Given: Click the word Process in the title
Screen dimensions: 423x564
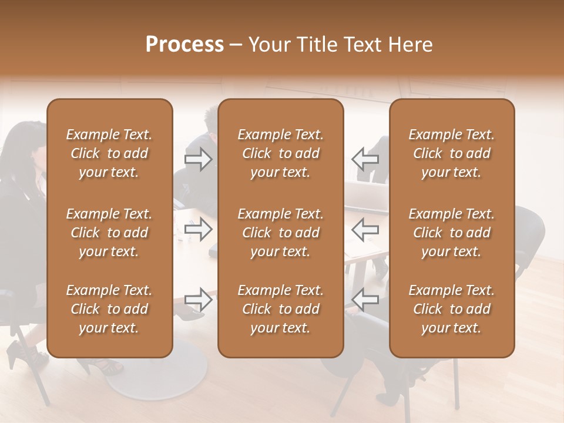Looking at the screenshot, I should pos(184,45).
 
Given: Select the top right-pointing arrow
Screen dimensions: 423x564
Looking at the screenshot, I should pos(199,159).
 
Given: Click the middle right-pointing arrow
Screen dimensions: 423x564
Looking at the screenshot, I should pos(199,229).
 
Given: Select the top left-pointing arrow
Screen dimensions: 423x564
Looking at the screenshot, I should pos(365,159).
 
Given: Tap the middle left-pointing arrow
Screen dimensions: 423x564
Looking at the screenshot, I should pos(365,229).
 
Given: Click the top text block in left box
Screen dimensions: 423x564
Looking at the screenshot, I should pos(109,153).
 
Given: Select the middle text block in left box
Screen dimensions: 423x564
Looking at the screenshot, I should pos(109,233).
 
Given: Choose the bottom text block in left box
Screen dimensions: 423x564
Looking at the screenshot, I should pos(109,309).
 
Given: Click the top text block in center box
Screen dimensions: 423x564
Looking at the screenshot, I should pos(281,153).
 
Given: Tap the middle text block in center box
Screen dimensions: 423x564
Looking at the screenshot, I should pos(281,233).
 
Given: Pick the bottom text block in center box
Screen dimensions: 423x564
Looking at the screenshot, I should pos(281,309).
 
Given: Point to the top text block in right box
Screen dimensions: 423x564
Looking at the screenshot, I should pos(452,153).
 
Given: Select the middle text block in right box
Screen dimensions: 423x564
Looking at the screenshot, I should pos(452,233).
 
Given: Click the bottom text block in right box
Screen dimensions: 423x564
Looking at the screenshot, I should pos(452,309).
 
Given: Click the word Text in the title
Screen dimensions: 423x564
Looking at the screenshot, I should pos(360,45).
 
